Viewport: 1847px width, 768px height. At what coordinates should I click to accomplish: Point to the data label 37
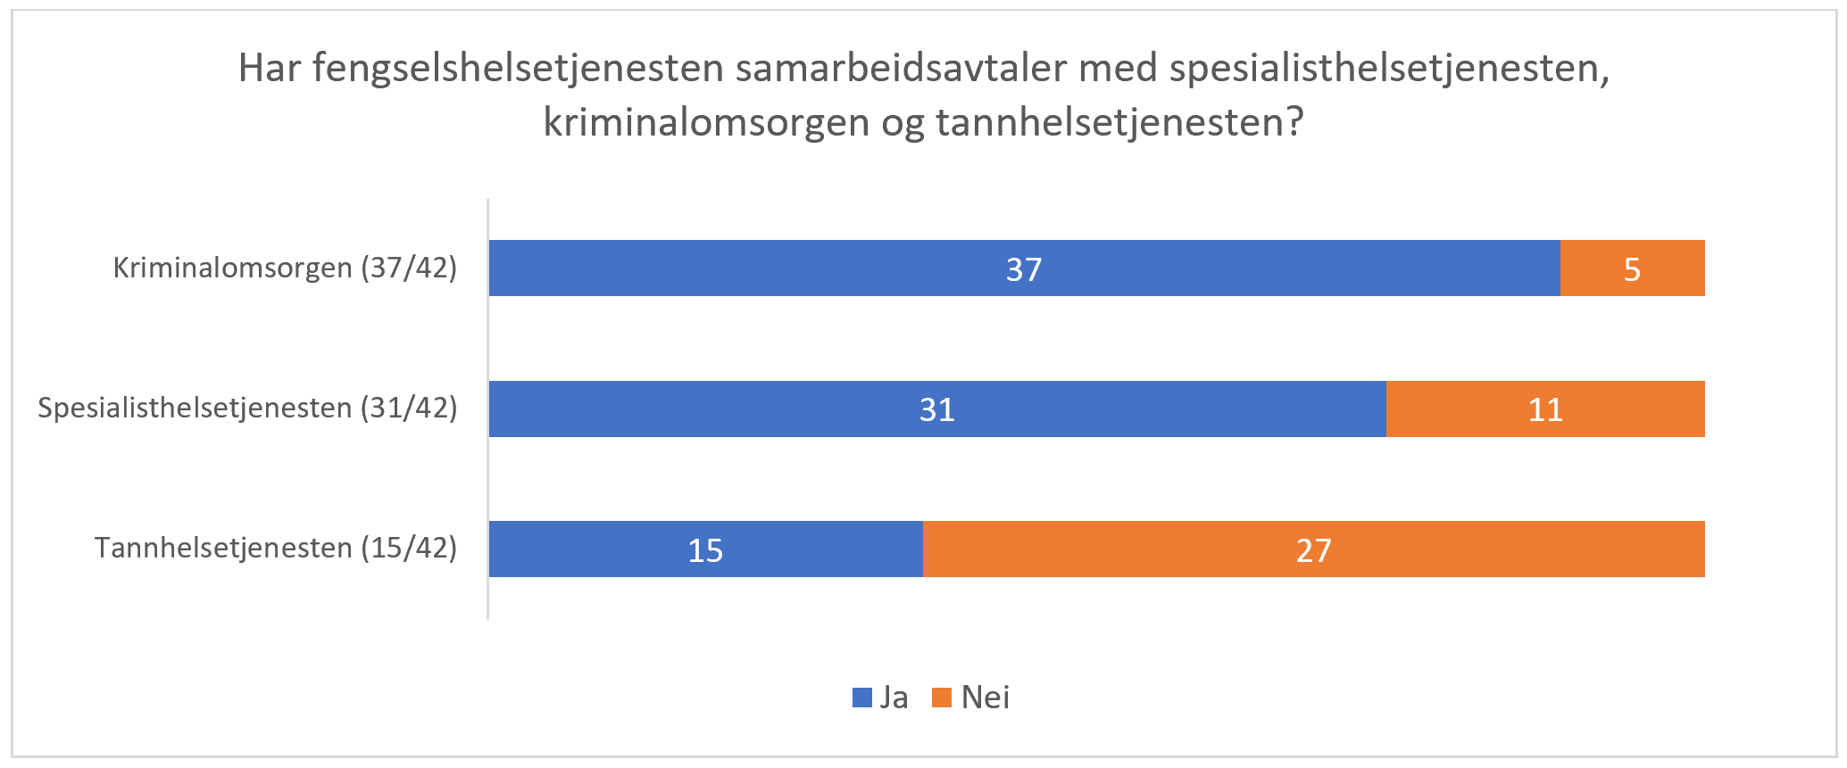(x=1024, y=269)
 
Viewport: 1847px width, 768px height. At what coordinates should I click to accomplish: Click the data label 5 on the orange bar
(x=1632, y=269)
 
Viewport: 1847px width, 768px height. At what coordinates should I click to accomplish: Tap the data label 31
(x=937, y=409)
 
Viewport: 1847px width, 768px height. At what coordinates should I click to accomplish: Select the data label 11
(x=1545, y=409)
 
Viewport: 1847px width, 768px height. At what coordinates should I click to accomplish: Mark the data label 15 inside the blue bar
(x=705, y=550)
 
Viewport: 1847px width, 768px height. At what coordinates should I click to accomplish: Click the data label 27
(x=1314, y=550)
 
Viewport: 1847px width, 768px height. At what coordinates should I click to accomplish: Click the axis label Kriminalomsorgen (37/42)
(x=285, y=268)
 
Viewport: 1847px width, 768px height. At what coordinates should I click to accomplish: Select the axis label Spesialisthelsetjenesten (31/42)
(x=247, y=408)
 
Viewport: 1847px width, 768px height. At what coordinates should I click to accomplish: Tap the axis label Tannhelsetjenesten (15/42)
(x=276, y=548)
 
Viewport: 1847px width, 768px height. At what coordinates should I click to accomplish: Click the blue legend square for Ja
(x=862, y=698)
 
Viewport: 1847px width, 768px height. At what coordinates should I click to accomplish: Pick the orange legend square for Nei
(x=942, y=698)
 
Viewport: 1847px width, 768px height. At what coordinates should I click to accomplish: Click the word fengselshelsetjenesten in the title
(x=518, y=69)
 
